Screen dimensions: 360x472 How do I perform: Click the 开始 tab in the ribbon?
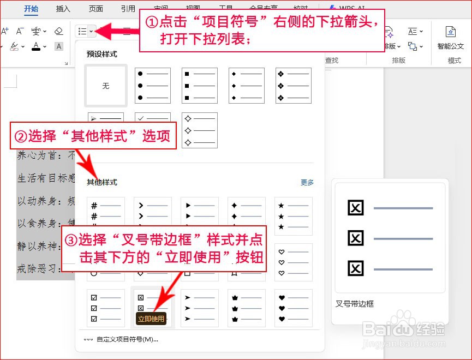[x=31, y=9]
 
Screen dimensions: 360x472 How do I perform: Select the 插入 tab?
[x=63, y=9]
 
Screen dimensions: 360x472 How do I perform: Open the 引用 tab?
[x=128, y=9]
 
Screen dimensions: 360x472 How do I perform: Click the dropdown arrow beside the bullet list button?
[x=92, y=31]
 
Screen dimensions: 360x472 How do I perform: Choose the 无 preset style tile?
[x=106, y=86]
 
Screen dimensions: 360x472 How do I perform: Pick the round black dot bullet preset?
[x=153, y=86]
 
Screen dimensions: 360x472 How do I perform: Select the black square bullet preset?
[x=200, y=86]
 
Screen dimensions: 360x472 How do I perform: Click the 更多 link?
[x=307, y=183]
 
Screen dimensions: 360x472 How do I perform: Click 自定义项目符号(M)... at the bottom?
[x=127, y=339]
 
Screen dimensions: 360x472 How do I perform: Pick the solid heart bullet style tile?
[x=294, y=308]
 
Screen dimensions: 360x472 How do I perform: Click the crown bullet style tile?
[x=247, y=308]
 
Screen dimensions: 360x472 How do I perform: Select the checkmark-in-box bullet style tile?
[x=106, y=308]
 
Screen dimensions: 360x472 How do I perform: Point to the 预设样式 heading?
[x=102, y=55]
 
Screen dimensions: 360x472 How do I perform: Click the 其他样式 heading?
[x=102, y=183]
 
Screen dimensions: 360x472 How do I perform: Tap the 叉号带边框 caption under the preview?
[x=355, y=304]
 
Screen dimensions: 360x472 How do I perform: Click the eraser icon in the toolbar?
[x=59, y=31]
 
